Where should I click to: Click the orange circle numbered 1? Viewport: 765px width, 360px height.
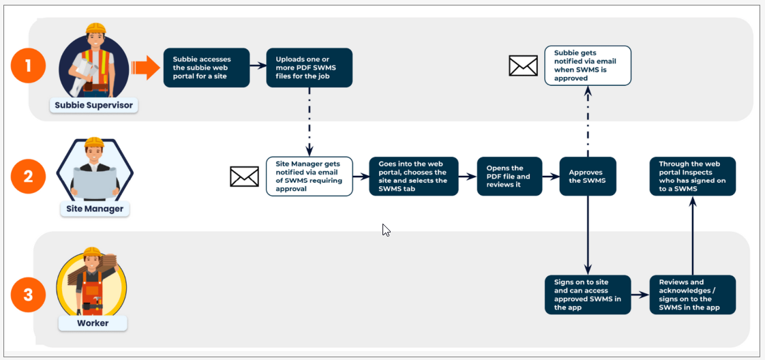(28, 67)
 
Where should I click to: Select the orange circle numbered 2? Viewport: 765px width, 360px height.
(28, 176)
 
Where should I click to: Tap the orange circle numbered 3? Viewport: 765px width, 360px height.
(28, 295)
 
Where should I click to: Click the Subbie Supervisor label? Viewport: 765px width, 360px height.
(93, 106)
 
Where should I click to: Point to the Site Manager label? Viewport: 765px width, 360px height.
(93, 209)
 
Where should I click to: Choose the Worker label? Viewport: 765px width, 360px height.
(93, 322)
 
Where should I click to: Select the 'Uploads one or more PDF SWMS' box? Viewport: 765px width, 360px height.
(309, 67)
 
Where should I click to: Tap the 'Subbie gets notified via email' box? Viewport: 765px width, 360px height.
(588, 65)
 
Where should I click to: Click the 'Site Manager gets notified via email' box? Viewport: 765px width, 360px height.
(309, 177)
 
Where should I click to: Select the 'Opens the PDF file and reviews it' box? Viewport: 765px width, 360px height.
(509, 176)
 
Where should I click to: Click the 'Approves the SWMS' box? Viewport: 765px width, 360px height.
(588, 176)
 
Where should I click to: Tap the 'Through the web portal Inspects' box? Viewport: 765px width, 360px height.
(693, 176)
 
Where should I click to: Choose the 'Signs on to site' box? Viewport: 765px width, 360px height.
(588, 295)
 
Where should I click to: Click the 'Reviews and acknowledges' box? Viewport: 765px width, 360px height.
(693, 295)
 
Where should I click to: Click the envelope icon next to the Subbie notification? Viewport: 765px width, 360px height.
(523, 65)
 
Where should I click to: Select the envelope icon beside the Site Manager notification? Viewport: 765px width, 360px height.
(244, 177)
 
